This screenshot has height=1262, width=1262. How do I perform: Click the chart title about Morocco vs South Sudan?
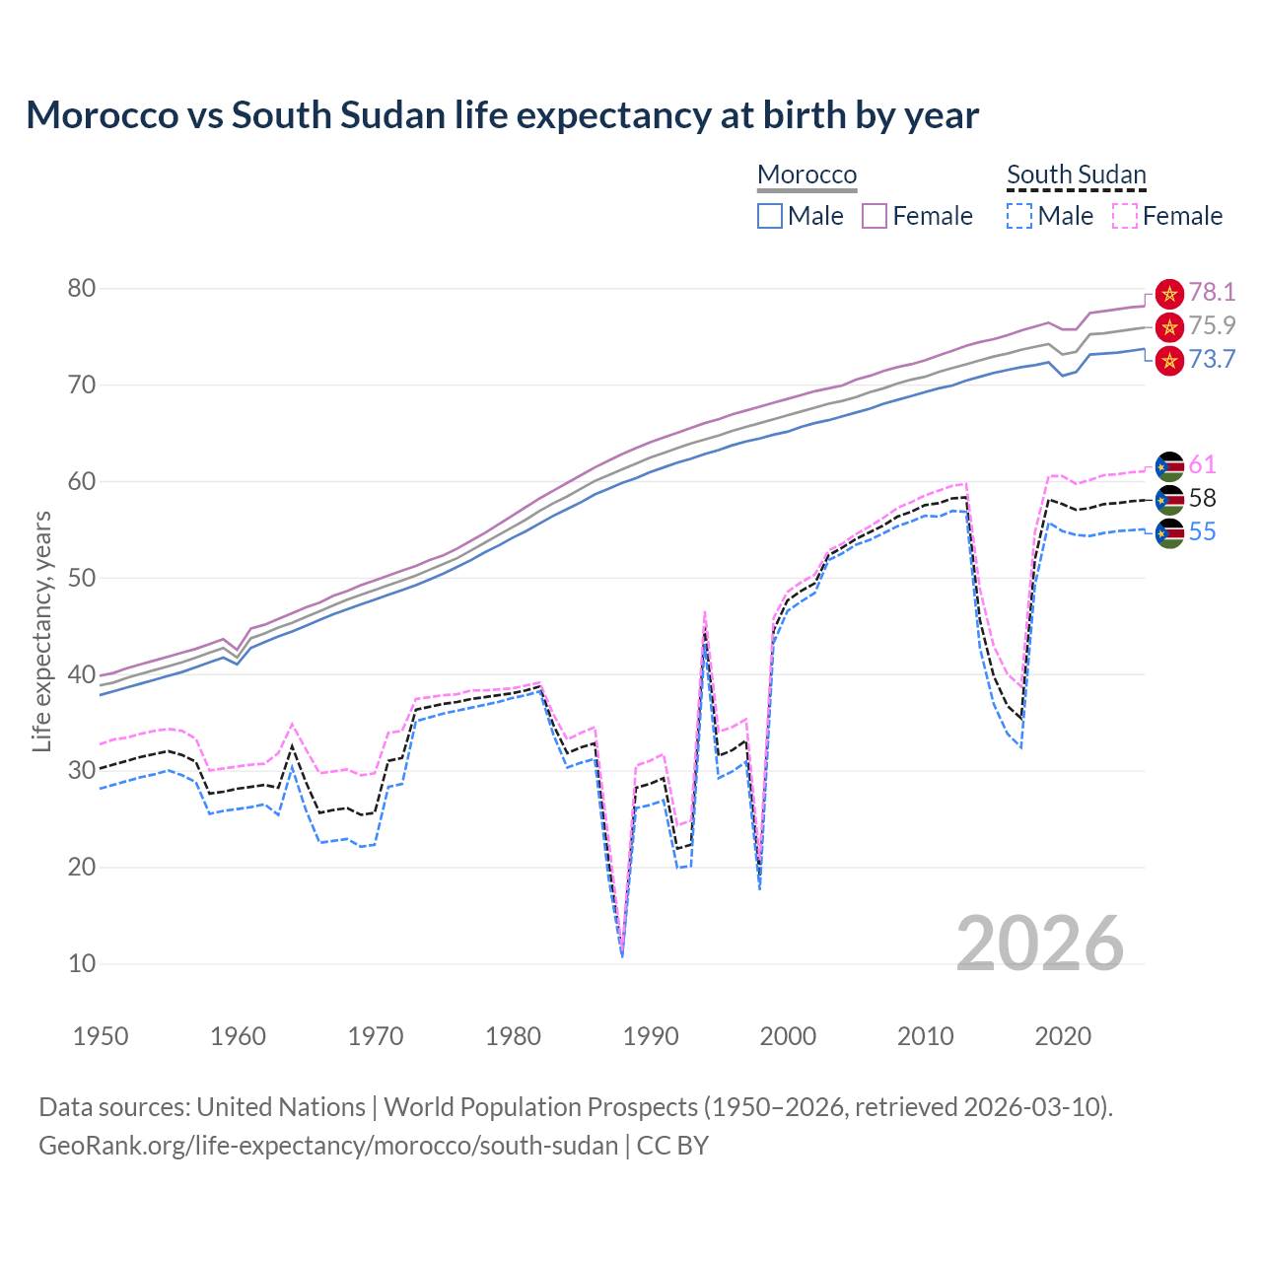(x=502, y=115)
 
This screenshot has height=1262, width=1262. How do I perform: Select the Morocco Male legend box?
(x=770, y=216)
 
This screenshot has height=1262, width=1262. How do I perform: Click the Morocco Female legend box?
(x=875, y=216)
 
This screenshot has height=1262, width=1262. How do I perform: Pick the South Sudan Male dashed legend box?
(x=1019, y=216)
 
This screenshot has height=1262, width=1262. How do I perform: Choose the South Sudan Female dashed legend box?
(x=1125, y=216)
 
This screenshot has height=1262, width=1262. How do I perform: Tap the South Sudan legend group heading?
(x=1076, y=175)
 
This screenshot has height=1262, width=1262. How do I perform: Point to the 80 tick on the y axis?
(x=82, y=289)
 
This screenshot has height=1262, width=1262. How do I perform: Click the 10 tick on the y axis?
(x=82, y=964)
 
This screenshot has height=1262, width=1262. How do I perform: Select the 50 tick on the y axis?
(x=82, y=578)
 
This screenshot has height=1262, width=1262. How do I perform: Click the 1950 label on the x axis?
(x=101, y=1036)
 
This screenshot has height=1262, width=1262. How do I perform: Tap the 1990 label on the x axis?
(x=651, y=1036)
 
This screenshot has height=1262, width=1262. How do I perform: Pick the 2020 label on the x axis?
(x=1063, y=1036)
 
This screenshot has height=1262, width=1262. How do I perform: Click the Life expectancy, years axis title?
(x=41, y=631)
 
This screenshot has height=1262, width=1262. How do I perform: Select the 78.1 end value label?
(x=1212, y=292)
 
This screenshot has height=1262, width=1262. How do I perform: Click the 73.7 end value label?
(x=1212, y=359)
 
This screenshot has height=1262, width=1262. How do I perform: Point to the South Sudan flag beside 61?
(x=1169, y=465)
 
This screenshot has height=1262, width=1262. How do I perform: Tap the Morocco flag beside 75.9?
(x=1169, y=326)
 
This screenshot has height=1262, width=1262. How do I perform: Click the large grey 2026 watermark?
(x=1040, y=944)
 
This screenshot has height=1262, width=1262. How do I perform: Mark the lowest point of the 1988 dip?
(x=622, y=955)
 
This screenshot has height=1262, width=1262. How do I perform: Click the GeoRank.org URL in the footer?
(x=328, y=1146)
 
